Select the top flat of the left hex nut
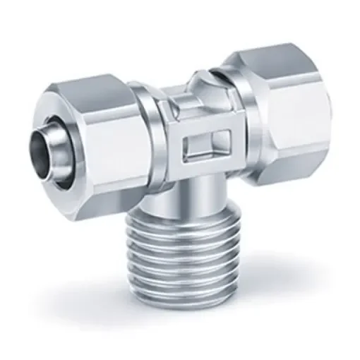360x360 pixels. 99,92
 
